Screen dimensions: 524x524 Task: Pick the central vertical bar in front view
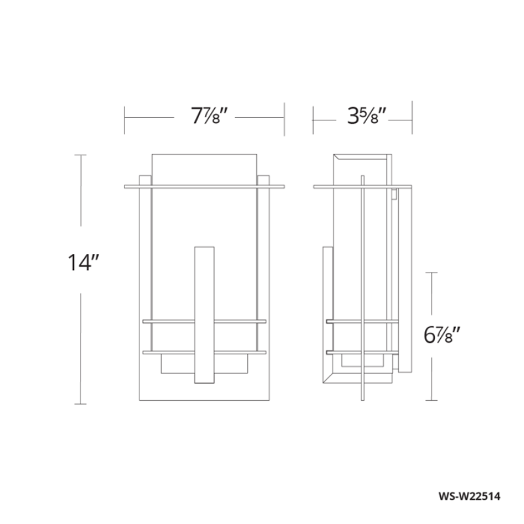(x=204, y=314)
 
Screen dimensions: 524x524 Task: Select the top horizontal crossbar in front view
(x=204, y=186)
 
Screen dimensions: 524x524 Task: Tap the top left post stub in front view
(x=145, y=179)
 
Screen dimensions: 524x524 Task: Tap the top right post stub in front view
(x=263, y=179)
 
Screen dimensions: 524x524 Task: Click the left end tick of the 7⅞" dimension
(x=125, y=118)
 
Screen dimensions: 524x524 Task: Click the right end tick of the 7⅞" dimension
(x=284, y=118)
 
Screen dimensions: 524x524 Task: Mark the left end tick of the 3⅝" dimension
(x=314, y=118)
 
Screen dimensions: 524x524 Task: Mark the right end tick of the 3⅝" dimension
(x=411, y=118)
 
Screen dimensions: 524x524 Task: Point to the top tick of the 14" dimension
(x=81, y=155)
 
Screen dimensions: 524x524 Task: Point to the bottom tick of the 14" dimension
(x=81, y=404)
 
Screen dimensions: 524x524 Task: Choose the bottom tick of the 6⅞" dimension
(x=430, y=400)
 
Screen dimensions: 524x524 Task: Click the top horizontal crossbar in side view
(x=362, y=187)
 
